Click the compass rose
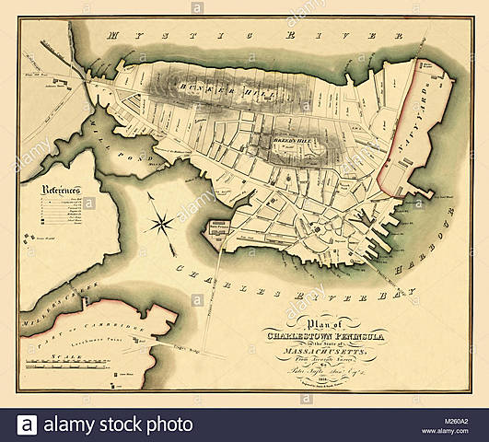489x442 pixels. (x=160, y=222)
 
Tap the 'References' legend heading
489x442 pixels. (x=63, y=191)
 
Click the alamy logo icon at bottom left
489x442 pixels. (x=27, y=425)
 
